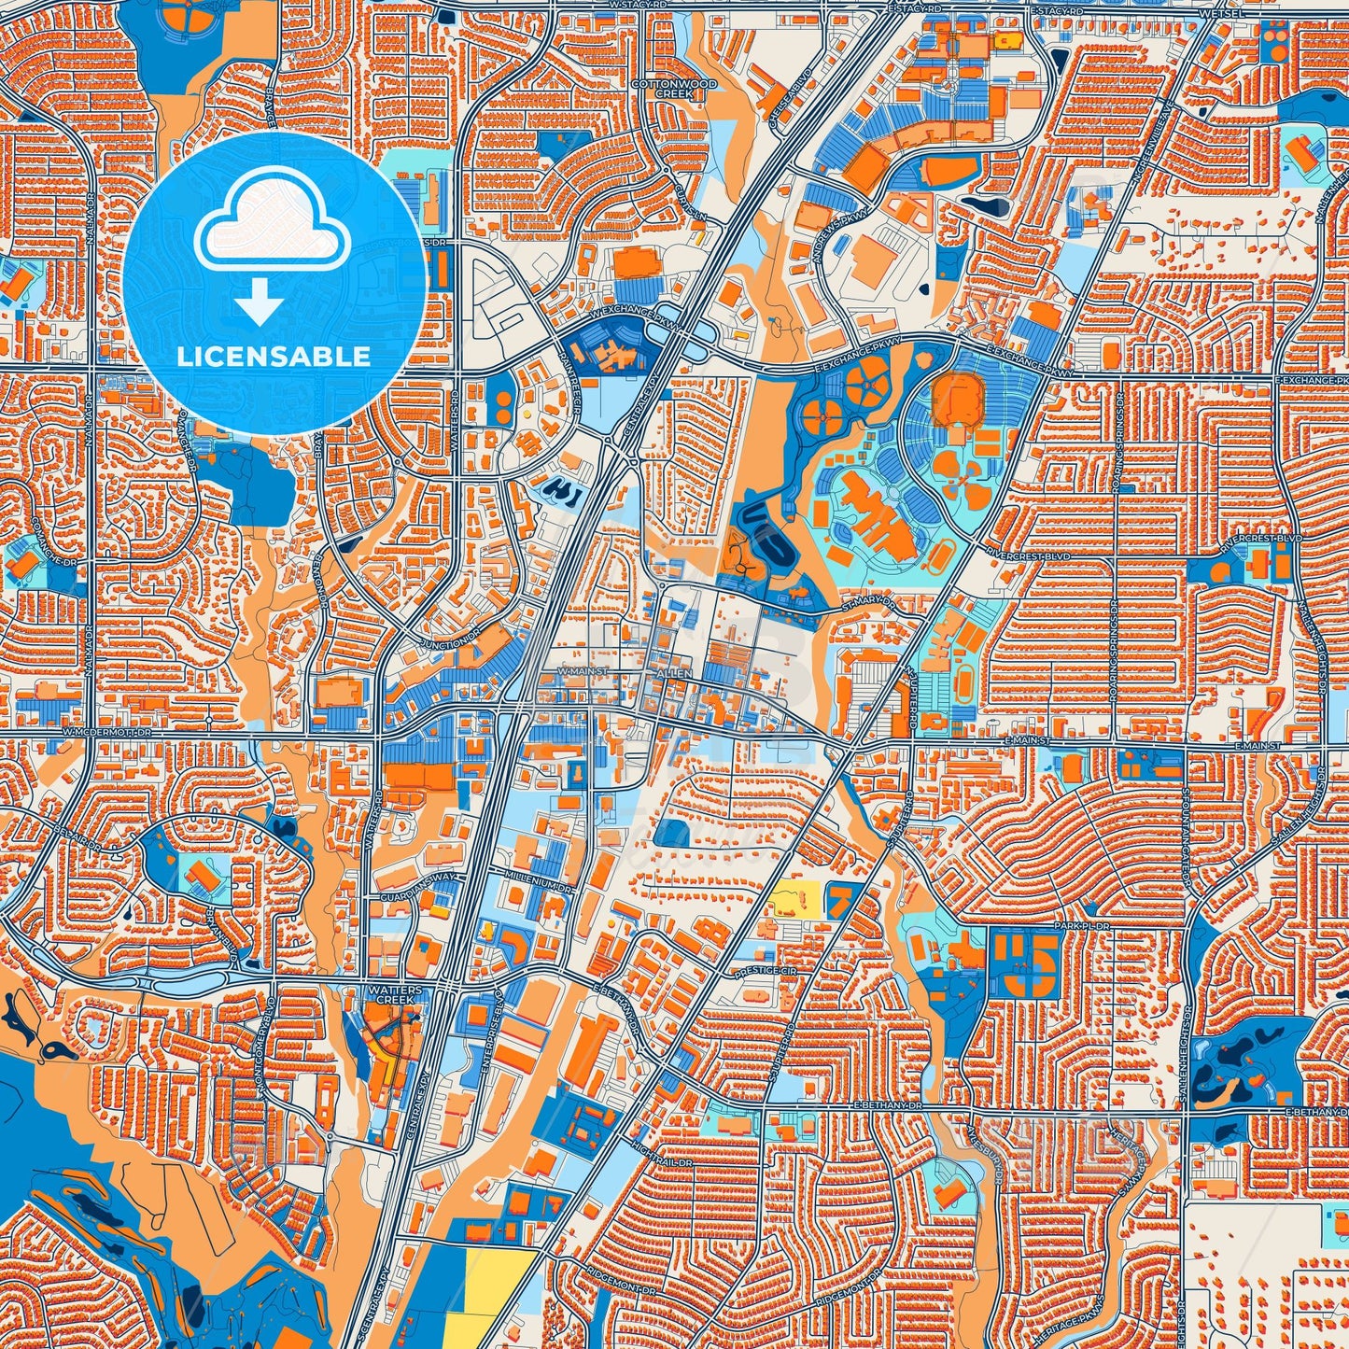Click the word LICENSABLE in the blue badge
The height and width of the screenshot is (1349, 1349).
[274, 357]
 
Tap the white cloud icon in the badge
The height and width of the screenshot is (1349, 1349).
[272, 224]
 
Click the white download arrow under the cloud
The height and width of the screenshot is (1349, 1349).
[260, 303]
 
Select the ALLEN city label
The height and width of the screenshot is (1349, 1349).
[674, 673]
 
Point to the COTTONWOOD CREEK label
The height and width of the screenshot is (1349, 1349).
[687, 89]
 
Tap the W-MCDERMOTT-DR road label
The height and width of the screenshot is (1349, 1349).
[106, 735]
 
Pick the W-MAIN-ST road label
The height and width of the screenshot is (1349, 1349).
[583, 671]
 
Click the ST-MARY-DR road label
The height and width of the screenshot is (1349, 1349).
[867, 606]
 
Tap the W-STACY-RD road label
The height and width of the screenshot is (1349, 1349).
[639, 6]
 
